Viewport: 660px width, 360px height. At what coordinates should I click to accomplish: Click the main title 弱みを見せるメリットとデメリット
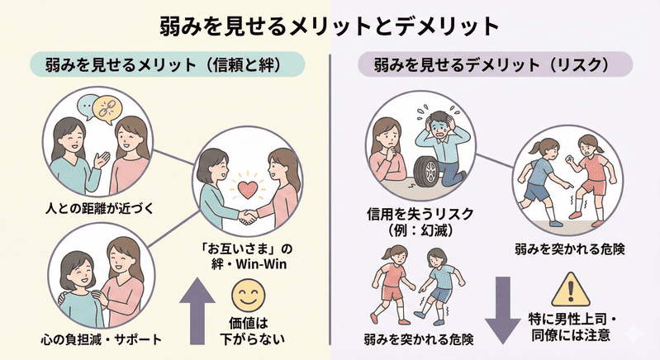[330, 24]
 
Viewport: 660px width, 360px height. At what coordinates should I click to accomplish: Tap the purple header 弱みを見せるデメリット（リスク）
[494, 64]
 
